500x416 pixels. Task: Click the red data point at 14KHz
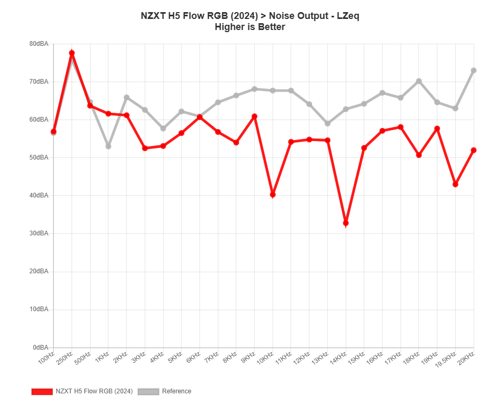[346, 224]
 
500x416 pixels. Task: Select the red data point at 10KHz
[273, 195]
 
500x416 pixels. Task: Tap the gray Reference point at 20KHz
[474, 70]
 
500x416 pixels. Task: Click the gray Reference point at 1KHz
[108, 146]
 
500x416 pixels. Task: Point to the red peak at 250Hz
[72, 53]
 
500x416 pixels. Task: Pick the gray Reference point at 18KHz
[419, 81]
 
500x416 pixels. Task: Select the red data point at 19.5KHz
[455, 184]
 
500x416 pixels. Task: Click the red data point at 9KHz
[255, 116]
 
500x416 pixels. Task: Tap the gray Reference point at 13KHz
[327, 124]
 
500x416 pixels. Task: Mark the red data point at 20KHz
[474, 150]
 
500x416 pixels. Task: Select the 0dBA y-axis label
[41, 347]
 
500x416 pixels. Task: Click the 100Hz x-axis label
[46, 359]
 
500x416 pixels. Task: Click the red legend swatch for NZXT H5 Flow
[42, 391]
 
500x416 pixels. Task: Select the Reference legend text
[176, 391]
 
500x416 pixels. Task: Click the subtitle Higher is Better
[250, 27]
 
